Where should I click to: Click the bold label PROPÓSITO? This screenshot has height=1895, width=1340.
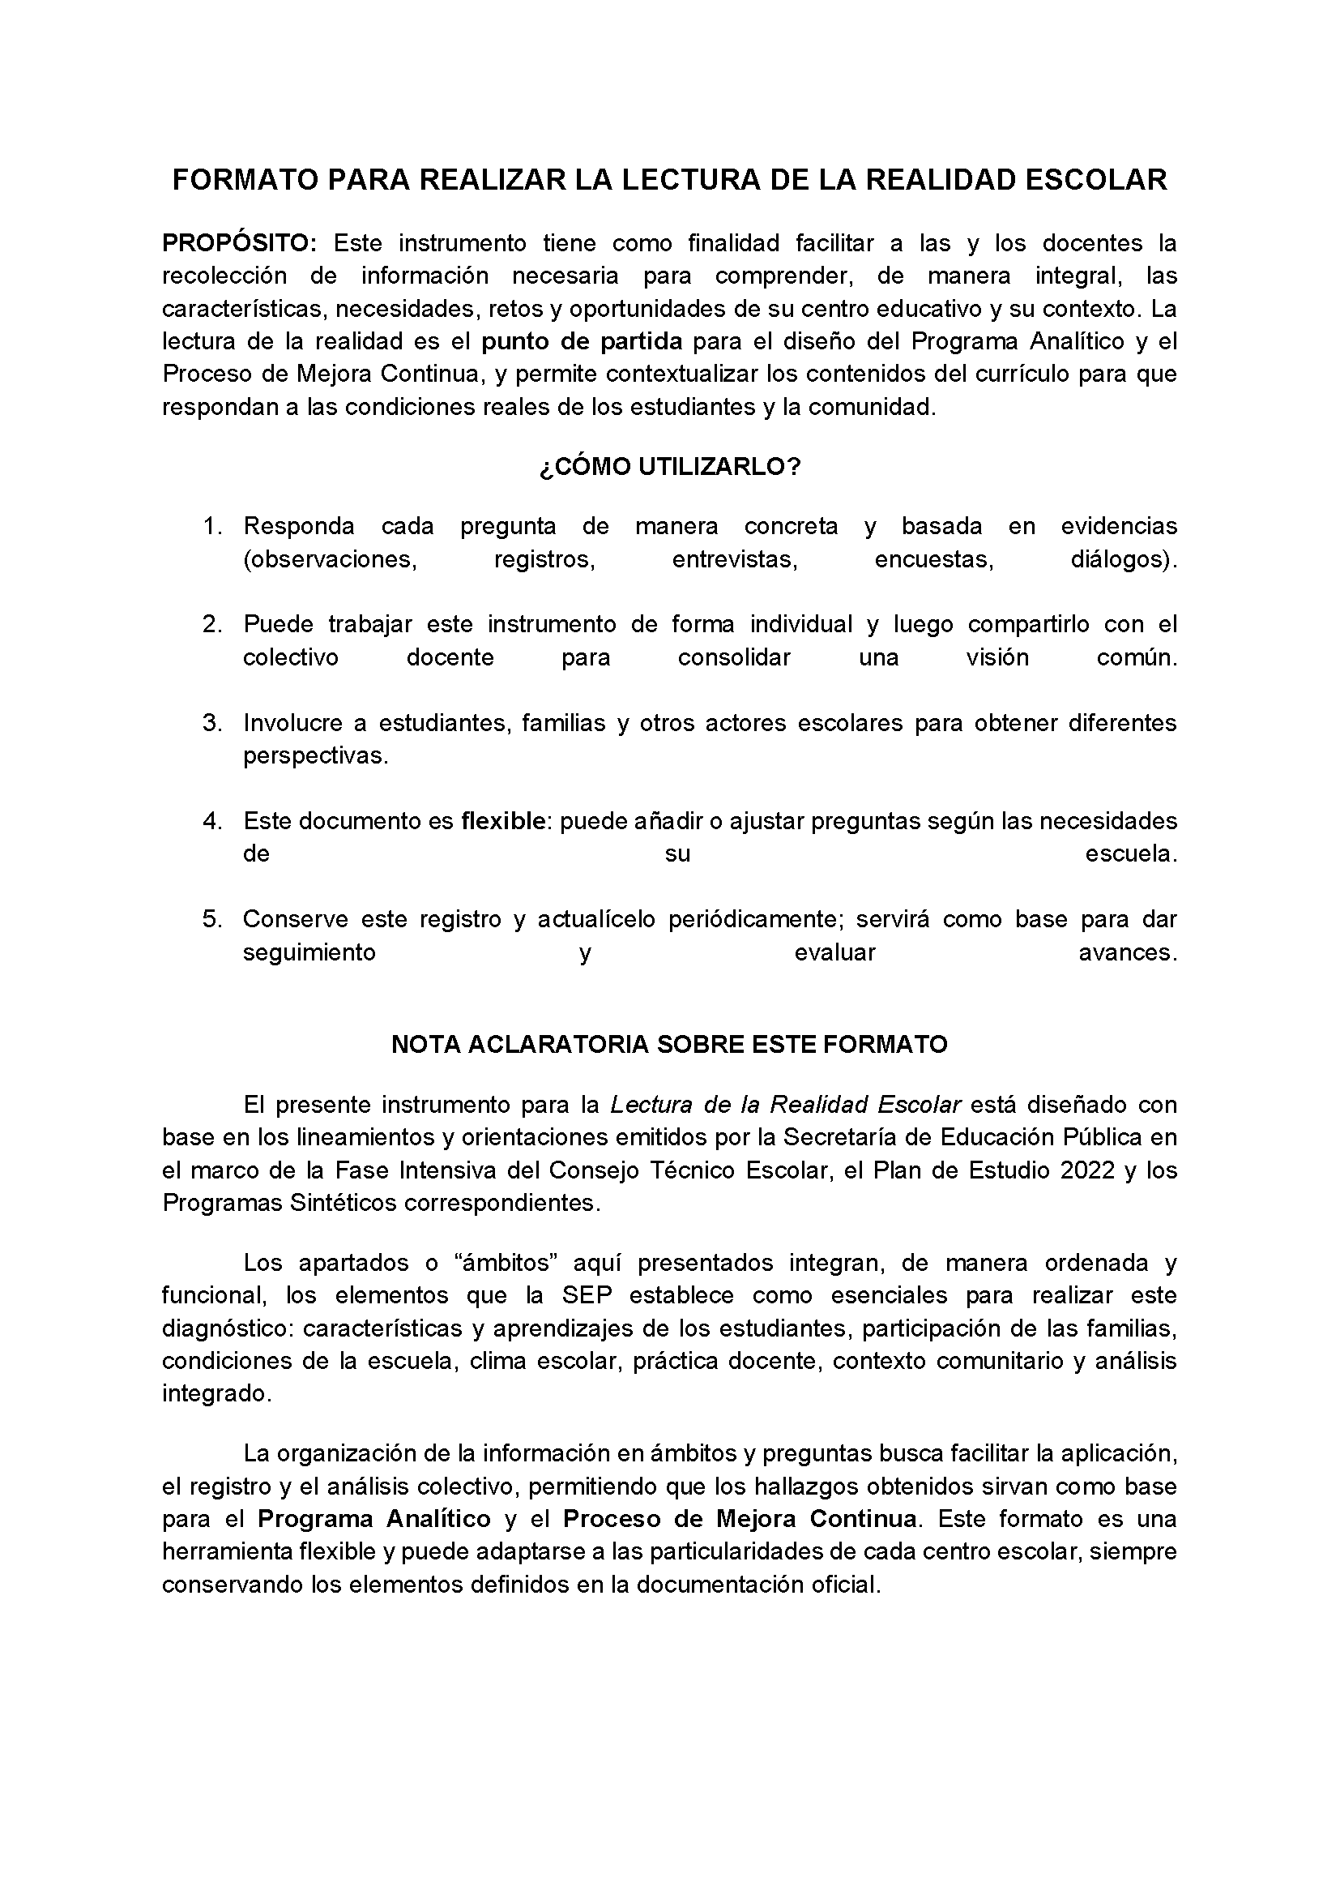click(x=238, y=243)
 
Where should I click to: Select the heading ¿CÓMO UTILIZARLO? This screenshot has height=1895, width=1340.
click(x=669, y=467)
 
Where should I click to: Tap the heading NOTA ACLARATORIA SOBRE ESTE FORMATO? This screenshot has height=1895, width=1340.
click(x=669, y=1045)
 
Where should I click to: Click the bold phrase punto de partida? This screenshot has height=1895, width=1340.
click(x=582, y=342)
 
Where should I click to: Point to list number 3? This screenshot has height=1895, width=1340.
click(x=212, y=723)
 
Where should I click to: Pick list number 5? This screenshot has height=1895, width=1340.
click(x=212, y=919)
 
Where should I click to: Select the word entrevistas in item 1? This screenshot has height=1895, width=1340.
click(x=734, y=559)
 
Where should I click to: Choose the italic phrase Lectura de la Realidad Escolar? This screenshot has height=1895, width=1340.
click(x=786, y=1105)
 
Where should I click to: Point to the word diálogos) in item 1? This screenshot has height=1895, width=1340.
click(x=1123, y=559)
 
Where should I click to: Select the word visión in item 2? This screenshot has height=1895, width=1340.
click(x=997, y=658)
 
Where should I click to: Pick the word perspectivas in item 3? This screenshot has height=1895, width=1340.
click(x=314, y=756)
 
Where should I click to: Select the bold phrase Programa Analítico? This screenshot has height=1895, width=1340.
click(x=374, y=1520)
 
